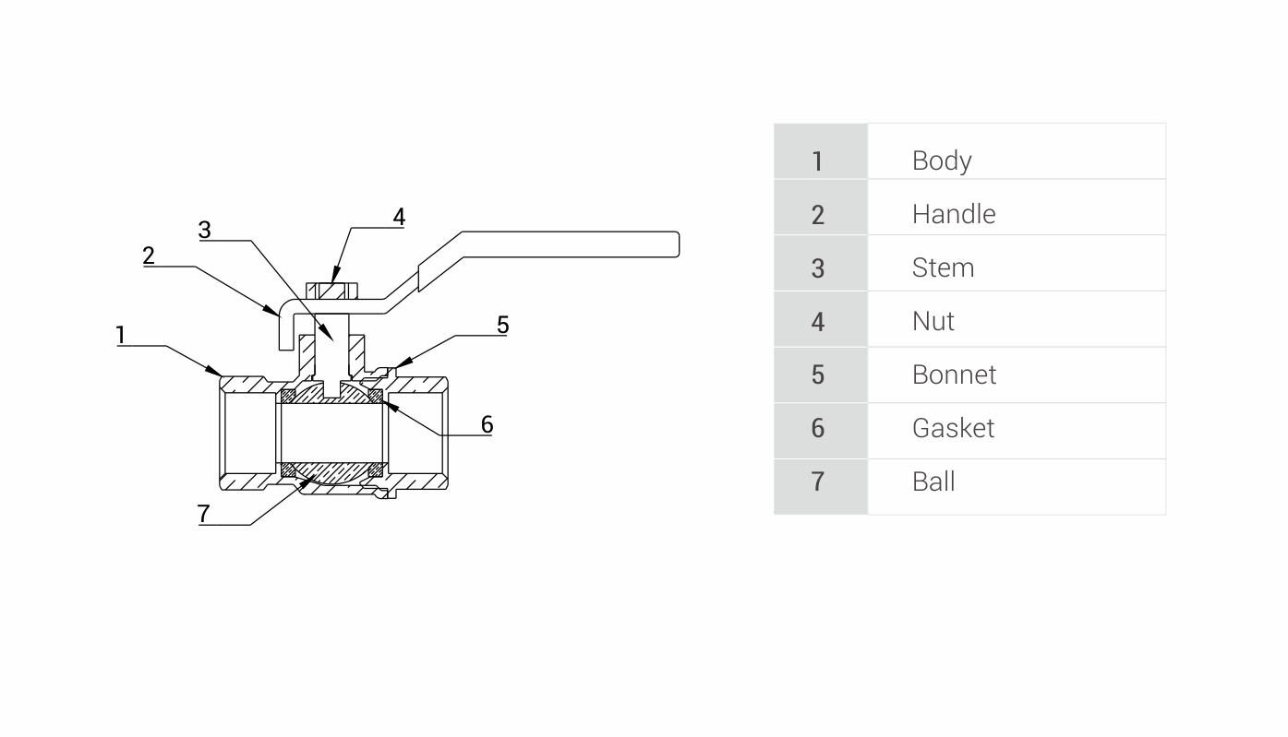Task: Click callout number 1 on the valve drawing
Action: pyautogui.click(x=120, y=335)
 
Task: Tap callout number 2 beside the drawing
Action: pyautogui.click(x=149, y=256)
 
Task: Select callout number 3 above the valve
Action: pyautogui.click(x=205, y=230)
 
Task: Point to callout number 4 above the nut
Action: pyautogui.click(x=399, y=218)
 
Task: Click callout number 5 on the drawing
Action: pyautogui.click(x=502, y=325)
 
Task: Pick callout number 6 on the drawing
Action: pyautogui.click(x=487, y=425)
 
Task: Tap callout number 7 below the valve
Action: pyautogui.click(x=204, y=514)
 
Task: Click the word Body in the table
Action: pyautogui.click(x=942, y=160)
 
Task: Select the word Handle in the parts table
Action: pyautogui.click(x=954, y=214)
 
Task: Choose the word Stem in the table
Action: pyautogui.click(x=943, y=267)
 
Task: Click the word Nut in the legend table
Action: pyautogui.click(x=933, y=321)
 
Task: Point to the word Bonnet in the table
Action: pyautogui.click(x=954, y=374)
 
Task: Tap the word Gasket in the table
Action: pyautogui.click(x=953, y=428)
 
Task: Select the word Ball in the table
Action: pyautogui.click(x=933, y=481)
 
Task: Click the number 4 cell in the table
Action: pyautogui.click(x=818, y=321)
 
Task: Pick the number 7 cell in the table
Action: pyautogui.click(x=818, y=481)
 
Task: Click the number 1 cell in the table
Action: pyautogui.click(x=818, y=160)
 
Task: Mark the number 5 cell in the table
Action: pyautogui.click(x=818, y=374)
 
